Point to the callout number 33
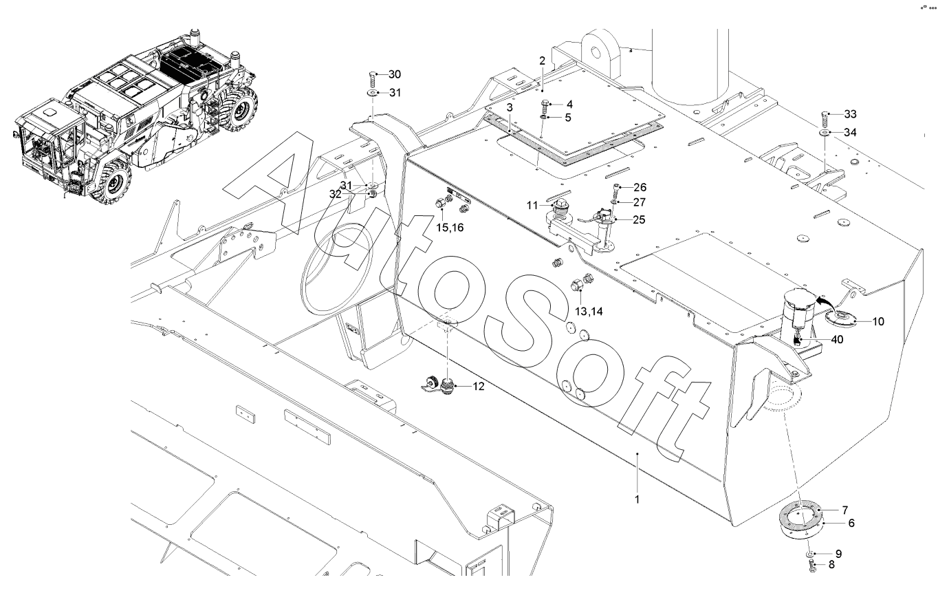[x=850, y=114]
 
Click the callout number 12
[x=478, y=387]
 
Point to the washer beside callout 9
[x=812, y=554]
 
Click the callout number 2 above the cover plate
[x=542, y=61]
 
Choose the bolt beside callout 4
[x=545, y=105]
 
